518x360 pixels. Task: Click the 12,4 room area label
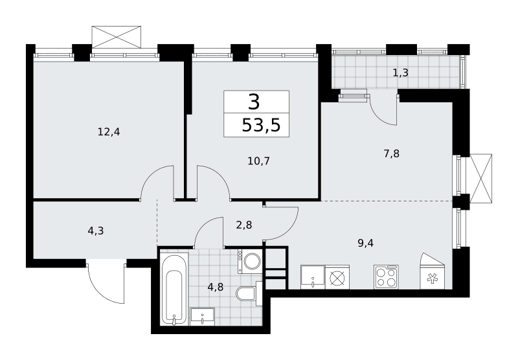click(109, 132)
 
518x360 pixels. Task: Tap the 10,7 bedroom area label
click(258, 161)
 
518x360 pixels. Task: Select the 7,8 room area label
click(392, 153)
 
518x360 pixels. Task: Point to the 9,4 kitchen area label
click(365, 243)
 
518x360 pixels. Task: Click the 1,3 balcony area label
click(400, 73)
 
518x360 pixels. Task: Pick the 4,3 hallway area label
click(96, 231)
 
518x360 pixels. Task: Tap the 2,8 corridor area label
click(244, 225)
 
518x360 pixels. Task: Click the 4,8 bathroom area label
click(216, 287)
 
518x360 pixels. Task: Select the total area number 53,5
click(261, 126)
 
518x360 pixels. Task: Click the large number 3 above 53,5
click(254, 102)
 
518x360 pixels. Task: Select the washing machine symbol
click(250, 261)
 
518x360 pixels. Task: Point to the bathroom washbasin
click(203, 317)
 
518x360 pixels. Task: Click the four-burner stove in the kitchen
click(386, 277)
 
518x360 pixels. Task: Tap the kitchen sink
click(313, 277)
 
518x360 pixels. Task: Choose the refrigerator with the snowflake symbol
click(432, 271)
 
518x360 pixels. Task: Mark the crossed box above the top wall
click(117, 37)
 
